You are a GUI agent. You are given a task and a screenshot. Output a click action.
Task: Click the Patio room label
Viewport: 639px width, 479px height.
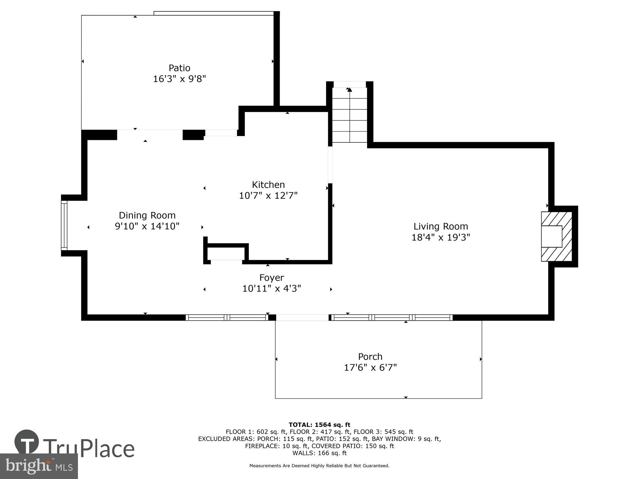(x=179, y=68)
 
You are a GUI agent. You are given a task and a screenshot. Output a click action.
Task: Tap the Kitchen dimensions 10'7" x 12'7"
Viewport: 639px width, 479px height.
(x=268, y=195)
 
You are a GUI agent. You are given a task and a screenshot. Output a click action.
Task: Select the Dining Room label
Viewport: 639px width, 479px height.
(x=147, y=215)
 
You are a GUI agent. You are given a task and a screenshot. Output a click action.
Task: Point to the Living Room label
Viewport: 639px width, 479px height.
(x=441, y=226)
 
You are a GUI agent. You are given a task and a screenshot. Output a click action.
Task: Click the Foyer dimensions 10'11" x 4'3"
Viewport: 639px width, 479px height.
(x=272, y=289)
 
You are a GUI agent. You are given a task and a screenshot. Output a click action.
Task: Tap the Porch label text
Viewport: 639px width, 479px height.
(x=370, y=356)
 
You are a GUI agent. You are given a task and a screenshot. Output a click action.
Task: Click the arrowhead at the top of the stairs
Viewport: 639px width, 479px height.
(x=350, y=90)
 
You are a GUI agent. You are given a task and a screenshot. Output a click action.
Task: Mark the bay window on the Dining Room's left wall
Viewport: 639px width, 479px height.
(x=64, y=225)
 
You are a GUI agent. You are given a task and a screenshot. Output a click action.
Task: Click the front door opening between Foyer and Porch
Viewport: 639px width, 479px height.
(x=302, y=317)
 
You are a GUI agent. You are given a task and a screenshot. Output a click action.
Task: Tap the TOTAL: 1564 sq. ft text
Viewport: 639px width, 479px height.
(x=319, y=425)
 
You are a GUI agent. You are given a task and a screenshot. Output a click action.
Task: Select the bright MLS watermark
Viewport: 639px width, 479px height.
(x=39, y=466)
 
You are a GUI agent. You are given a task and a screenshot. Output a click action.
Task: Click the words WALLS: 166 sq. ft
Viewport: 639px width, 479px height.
(x=319, y=453)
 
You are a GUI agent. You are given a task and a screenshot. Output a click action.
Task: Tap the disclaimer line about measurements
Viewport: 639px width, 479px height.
(x=319, y=466)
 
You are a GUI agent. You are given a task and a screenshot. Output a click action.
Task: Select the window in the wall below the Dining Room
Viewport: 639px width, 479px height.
(x=227, y=317)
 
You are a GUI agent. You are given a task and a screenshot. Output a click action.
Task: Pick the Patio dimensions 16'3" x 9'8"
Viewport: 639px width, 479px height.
(x=179, y=79)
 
